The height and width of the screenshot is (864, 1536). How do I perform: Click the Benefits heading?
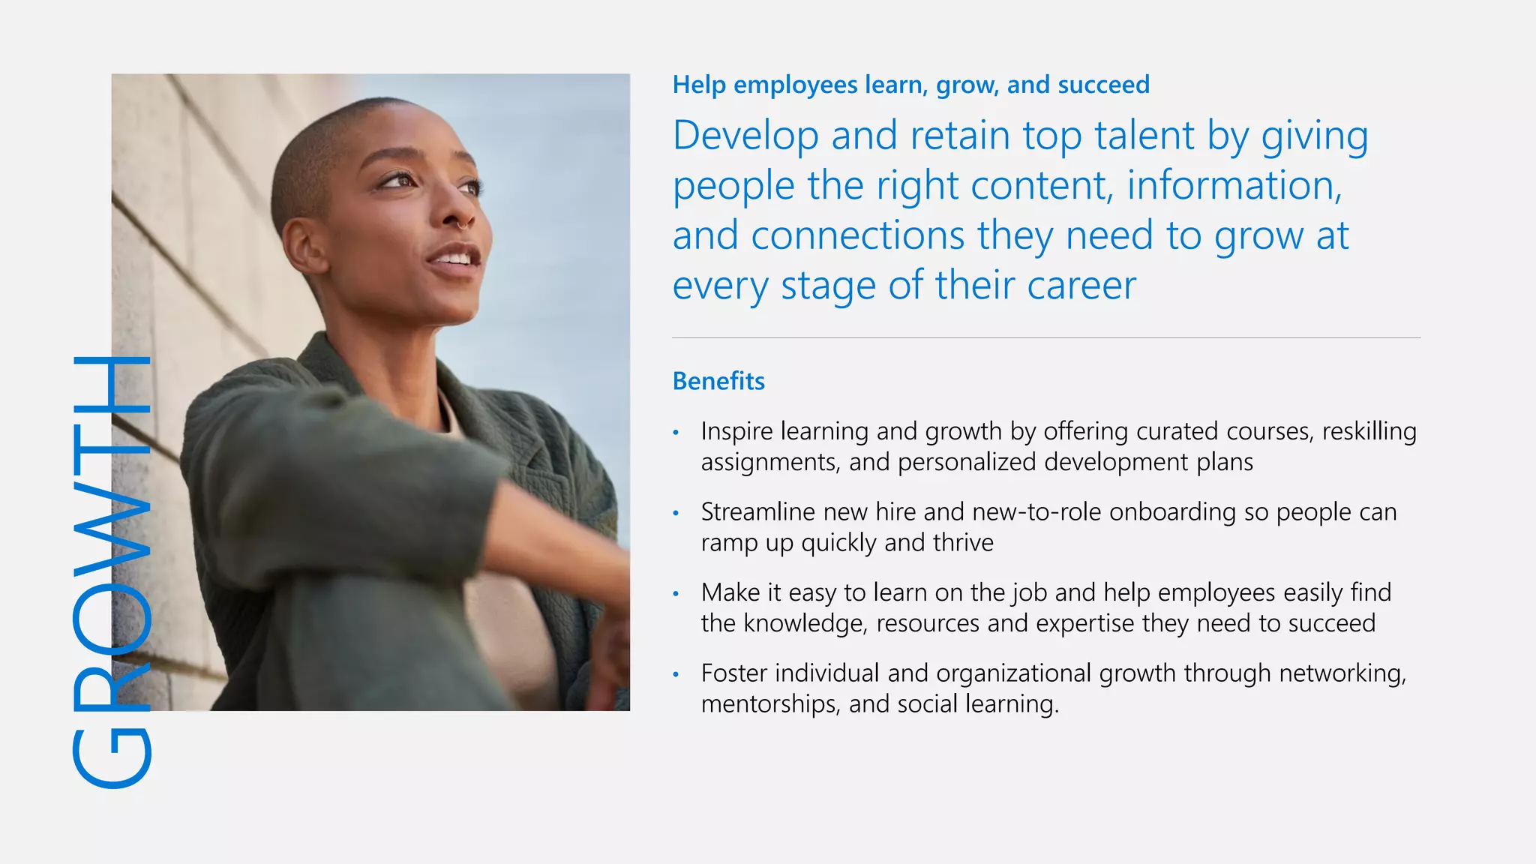point(718,381)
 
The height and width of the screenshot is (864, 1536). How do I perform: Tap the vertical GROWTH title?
point(112,571)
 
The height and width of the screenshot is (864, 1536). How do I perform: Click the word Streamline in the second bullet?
point(757,511)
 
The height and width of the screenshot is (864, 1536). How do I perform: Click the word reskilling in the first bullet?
point(1369,431)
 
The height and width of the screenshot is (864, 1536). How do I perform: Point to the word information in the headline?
point(1234,186)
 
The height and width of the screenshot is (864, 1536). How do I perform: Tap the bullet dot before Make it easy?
point(676,593)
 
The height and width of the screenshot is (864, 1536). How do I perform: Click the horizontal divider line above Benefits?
point(1045,338)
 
